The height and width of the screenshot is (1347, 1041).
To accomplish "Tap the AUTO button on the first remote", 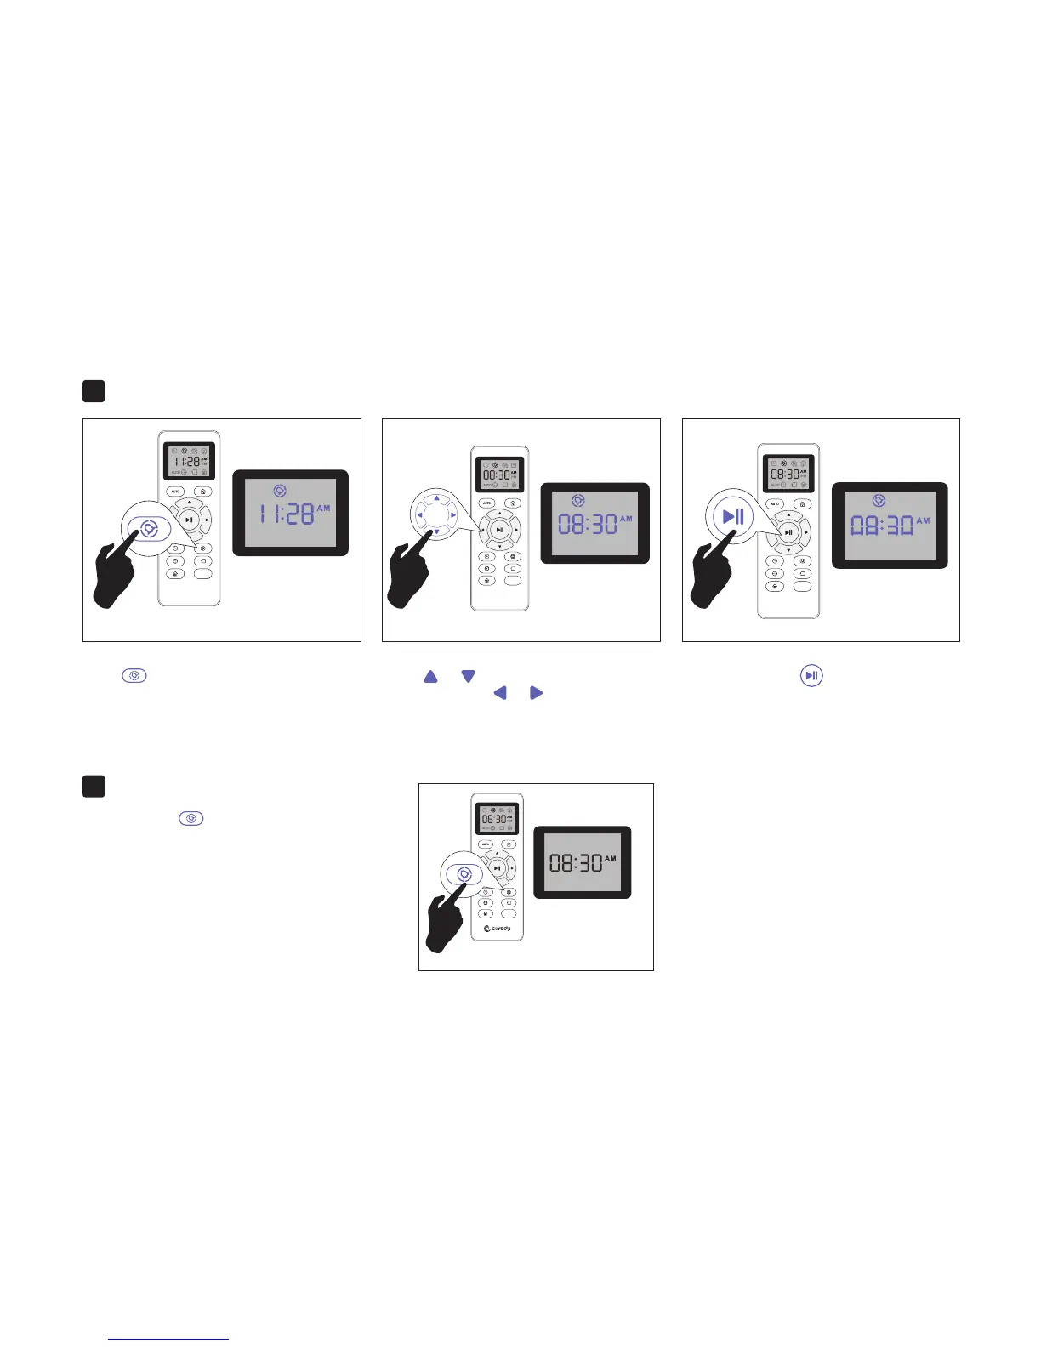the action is click(x=175, y=492).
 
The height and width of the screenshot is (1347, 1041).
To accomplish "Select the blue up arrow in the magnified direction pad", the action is click(x=436, y=498).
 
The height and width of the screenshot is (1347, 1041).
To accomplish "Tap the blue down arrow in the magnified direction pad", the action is click(x=436, y=532).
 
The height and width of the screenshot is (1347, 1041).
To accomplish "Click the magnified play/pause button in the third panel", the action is click(x=733, y=516).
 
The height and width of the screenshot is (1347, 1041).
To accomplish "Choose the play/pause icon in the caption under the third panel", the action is click(x=811, y=676).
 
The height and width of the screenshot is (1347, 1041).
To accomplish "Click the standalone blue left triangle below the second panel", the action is click(x=500, y=693).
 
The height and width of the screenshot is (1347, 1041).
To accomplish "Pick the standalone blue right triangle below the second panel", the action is click(x=536, y=693).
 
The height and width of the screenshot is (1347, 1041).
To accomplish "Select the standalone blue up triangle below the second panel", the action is click(x=430, y=677).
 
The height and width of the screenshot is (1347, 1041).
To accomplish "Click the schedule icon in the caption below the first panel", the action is click(x=134, y=676).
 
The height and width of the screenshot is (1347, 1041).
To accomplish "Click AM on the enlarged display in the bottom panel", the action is click(x=610, y=859).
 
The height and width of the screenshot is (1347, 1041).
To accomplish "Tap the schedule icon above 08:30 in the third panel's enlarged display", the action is click(x=879, y=501).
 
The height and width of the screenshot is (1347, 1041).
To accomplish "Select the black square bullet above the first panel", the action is click(x=94, y=391).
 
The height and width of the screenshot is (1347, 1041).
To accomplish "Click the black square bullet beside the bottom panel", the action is click(x=94, y=786).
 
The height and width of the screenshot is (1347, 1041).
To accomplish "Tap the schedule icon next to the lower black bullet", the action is click(x=191, y=818).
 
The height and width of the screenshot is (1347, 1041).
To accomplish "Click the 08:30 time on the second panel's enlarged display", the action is click(x=588, y=524).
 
